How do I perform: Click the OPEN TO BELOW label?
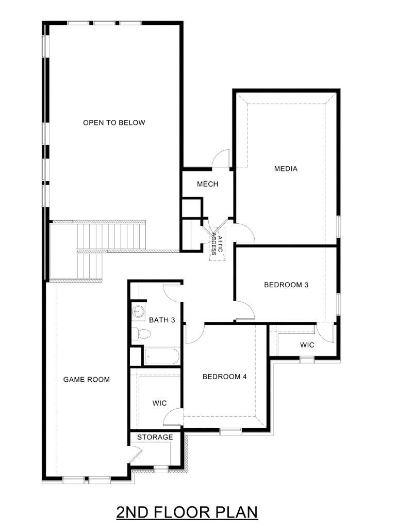(114, 123)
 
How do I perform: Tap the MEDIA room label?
(286, 169)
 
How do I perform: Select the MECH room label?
(208, 184)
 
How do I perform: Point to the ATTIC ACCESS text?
(217, 245)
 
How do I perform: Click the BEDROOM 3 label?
(286, 285)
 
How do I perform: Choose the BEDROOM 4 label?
(225, 377)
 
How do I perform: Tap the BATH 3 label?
(162, 320)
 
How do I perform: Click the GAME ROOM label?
(87, 380)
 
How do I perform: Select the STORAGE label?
(155, 437)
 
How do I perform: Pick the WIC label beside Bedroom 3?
(307, 345)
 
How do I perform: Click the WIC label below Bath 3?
(160, 403)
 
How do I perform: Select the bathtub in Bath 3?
(162, 356)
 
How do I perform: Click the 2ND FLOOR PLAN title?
(187, 512)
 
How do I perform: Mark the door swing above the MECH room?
(221, 158)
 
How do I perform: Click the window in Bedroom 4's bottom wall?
(230, 430)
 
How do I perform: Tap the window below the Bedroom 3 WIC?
(307, 360)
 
